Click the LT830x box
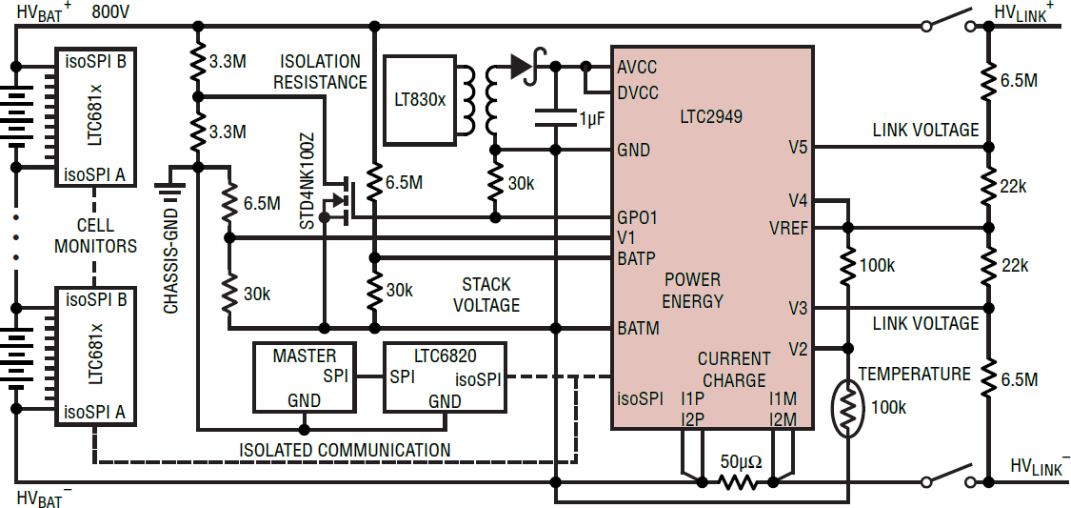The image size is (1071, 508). [420, 99]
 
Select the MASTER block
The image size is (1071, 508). [306, 376]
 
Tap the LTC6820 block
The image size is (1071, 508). [445, 376]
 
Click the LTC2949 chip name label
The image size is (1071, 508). [711, 117]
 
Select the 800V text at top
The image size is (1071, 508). [111, 12]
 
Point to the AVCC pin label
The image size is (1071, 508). [637, 68]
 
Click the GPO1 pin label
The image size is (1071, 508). [637, 217]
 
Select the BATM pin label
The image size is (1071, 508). [638, 328]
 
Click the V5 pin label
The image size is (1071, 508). [798, 147]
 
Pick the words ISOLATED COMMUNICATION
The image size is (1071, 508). [345, 450]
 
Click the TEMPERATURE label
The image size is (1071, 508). [914, 374]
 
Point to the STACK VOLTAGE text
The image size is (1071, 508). [486, 295]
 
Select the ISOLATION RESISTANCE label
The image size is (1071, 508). [320, 71]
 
